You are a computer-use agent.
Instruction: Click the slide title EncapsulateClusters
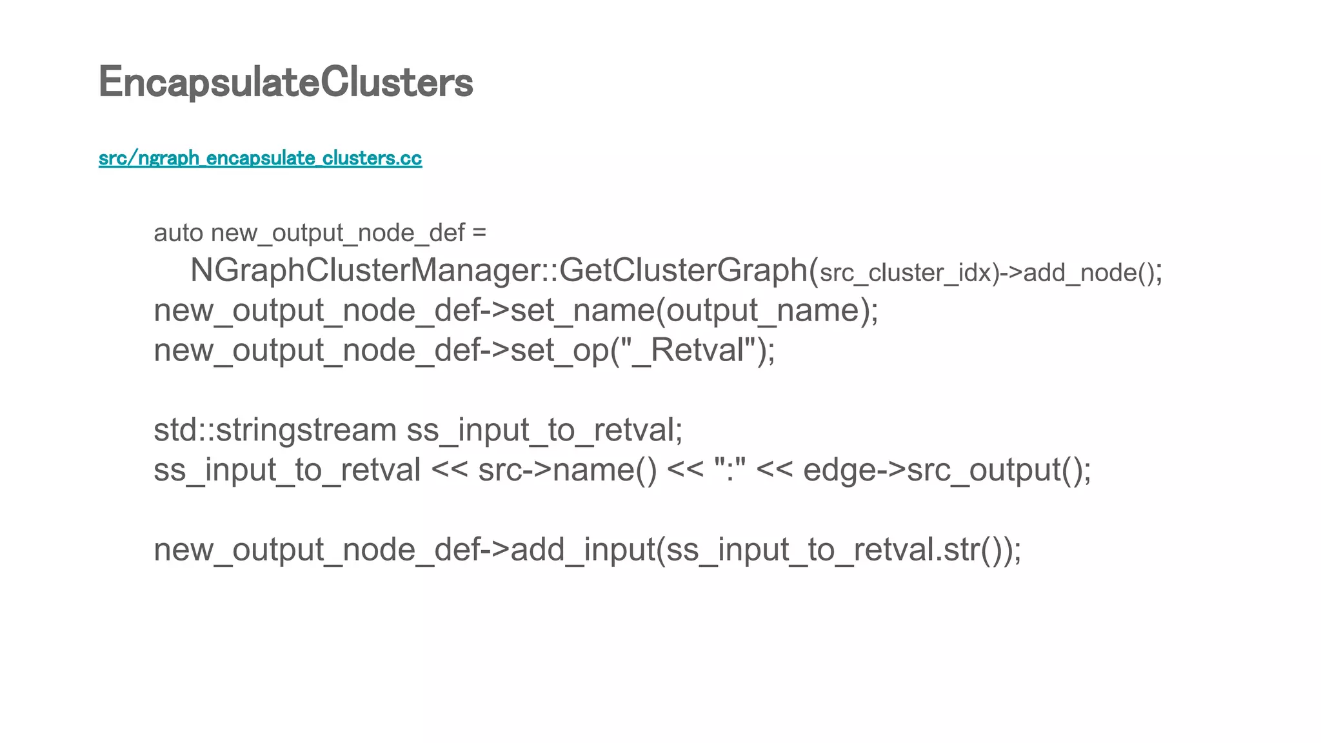pyautogui.click(x=286, y=83)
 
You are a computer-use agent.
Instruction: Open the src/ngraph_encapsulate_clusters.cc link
pyautogui.click(x=260, y=158)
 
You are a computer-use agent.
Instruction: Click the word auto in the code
pyautogui.click(x=178, y=233)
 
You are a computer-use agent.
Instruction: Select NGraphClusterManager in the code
pyautogui.click(x=365, y=270)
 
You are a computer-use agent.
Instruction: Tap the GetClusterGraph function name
pyautogui.click(x=684, y=270)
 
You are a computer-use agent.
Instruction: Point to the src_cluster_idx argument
pyautogui.click(x=906, y=273)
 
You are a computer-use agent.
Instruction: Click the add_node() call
pyautogui.click(x=1090, y=273)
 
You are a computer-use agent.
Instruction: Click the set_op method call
pyautogui.click(x=559, y=351)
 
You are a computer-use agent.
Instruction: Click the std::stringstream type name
pyautogui.click(x=275, y=430)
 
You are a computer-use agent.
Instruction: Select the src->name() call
pyautogui.click(x=567, y=470)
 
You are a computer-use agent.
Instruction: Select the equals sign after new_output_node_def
pyautogui.click(x=479, y=233)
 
